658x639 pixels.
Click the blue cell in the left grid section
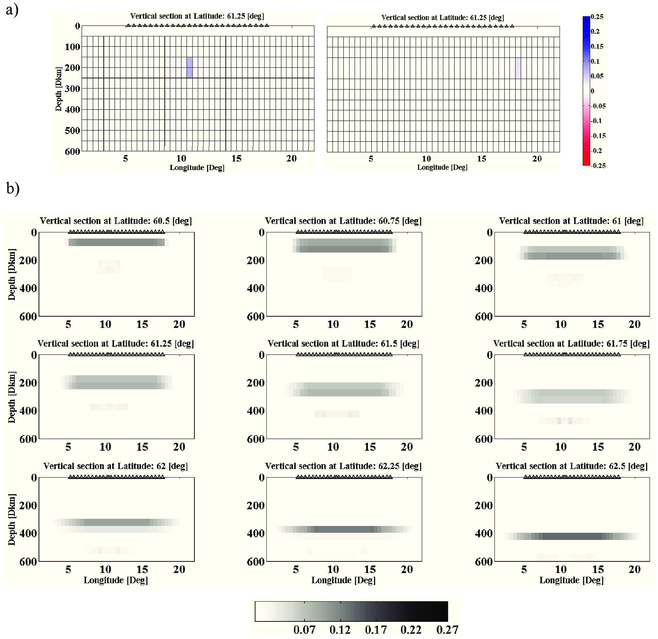point(190,68)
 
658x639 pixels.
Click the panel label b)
point(13,188)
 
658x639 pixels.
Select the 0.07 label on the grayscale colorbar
point(304,630)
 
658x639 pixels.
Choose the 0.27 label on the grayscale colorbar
point(447,630)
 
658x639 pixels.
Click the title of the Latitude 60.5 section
point(116,221)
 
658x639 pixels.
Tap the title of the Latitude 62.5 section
point(571,466)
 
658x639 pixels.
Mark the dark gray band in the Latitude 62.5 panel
point(573,536)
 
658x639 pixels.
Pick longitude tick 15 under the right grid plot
point(481,159)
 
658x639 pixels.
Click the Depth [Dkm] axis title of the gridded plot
point(58,89)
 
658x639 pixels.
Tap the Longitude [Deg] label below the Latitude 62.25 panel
point(343,580)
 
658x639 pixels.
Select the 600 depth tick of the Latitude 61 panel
point(484,316)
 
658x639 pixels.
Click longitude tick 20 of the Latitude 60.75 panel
point(407,324)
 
